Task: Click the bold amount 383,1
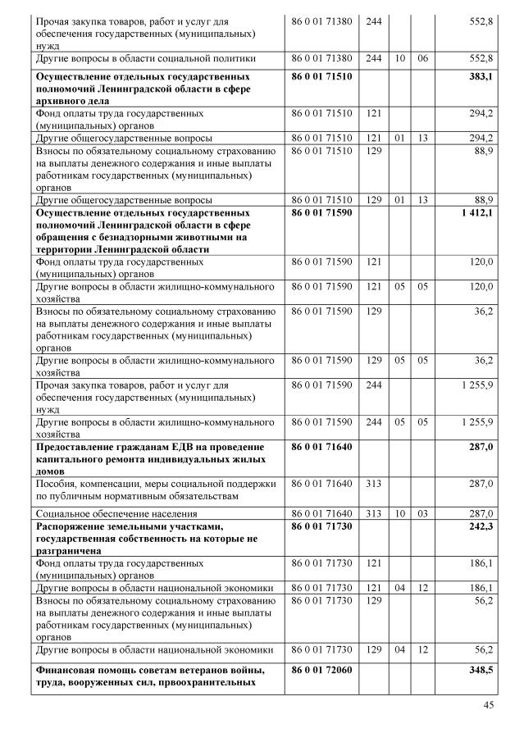(479, 75)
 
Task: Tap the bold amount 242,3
(479, 526)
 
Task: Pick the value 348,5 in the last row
(479, 670)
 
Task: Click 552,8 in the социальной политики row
(480, 59)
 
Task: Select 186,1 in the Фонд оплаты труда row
(480, 565)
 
